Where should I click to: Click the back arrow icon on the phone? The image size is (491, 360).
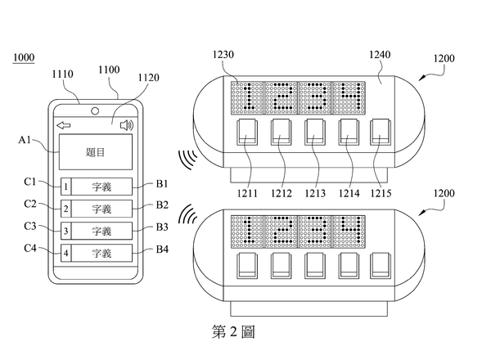click(64, 125)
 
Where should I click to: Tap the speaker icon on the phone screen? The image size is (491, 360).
click(126, 125)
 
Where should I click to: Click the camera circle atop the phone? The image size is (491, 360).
click(95, 110)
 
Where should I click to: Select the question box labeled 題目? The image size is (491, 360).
click(95, 153)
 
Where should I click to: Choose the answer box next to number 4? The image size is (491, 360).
click(101, 253)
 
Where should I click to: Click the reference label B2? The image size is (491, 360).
click(162, 205)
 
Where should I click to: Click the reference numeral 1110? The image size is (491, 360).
click(62, 74)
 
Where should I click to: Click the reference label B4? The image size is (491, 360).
click(162, 250)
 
